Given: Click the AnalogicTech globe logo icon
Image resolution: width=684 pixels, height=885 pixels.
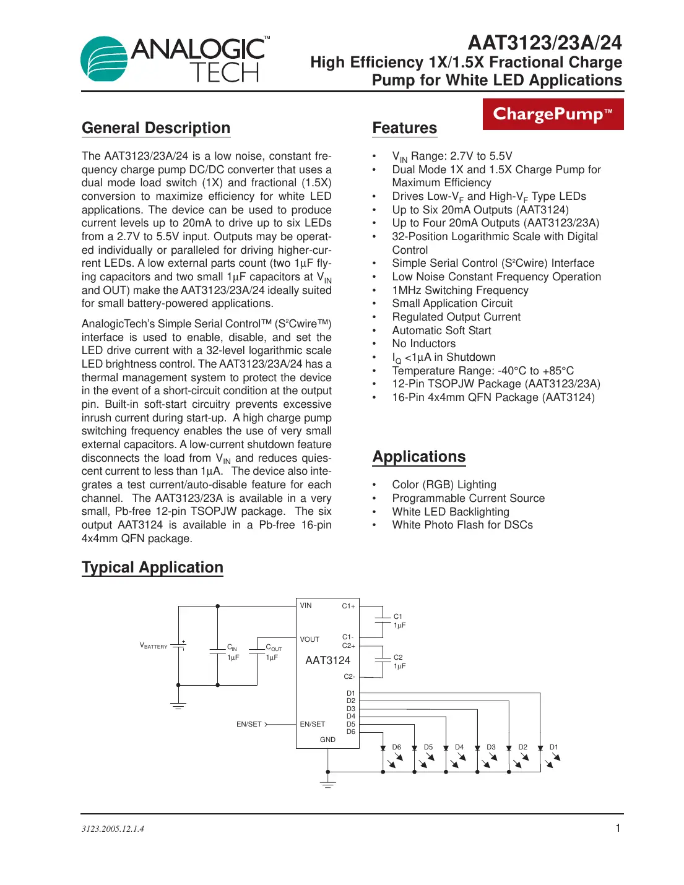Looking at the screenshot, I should click(104, 59).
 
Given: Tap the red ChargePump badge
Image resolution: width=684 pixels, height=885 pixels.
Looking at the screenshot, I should click(553, 114).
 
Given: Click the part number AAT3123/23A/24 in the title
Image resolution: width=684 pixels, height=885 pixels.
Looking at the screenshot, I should click(545, 43).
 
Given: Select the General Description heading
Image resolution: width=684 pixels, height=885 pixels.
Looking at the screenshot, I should click(156, 128).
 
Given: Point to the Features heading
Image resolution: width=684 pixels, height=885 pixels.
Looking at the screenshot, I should click(404, 128).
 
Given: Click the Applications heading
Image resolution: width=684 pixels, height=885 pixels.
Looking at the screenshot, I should click(418, 457).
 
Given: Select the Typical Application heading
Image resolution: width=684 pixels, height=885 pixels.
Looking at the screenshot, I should click(152, 568).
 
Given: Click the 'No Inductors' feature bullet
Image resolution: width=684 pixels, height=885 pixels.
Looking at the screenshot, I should click(423, 343).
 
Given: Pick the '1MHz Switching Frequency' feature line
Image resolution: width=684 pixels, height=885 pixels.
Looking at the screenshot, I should click(460, 290).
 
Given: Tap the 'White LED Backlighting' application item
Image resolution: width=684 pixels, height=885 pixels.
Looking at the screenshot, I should click(450, 512).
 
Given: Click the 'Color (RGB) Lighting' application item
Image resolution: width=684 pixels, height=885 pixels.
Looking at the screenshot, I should click(444, 485).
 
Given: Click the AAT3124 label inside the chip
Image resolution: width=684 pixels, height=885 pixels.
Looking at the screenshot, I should click(327, 660).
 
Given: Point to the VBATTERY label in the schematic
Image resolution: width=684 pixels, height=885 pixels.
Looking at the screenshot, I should click(154, 646).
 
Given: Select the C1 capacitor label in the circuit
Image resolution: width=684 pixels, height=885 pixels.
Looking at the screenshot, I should click(398, 616).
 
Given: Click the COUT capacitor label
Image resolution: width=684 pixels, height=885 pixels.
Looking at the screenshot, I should click(274, 647).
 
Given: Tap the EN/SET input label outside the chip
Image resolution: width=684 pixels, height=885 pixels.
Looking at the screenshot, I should click(249, 724).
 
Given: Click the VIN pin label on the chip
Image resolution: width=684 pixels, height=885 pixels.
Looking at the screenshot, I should click(306, 605).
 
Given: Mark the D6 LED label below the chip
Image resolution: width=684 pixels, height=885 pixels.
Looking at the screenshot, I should click(396, 747).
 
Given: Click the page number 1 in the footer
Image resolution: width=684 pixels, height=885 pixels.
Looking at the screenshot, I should click(617, 828).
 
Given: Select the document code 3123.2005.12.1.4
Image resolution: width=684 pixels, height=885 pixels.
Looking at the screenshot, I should click(113, 829).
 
